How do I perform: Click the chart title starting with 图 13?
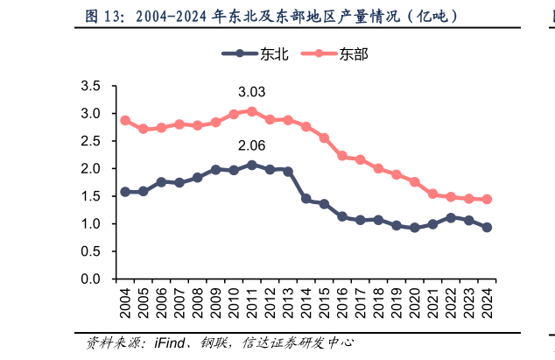pyautogui.click(x=271, y=16)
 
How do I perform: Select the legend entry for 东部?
pyautogui.click(x=334, y=53)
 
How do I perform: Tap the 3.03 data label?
pyautogui.click(x=251, y=92)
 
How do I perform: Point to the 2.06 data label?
pyautogui.click(x=251, y=145)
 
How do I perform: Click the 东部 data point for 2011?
pyautogui.click(x=252, y=111)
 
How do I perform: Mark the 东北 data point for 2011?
pyautogui.click(x=252, y=165)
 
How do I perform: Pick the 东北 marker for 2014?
pyautogui.click(x=306, y=199)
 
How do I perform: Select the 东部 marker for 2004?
pyautogui.click(x=125, y=120)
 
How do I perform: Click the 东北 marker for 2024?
pyautogui.click(x=487, y=227)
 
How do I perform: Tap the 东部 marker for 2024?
pyautogui.click(x=487, y=199)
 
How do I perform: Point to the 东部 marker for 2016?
pyautogui.click(x=342, y=156)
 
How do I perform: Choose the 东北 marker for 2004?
pyautogui.click(x=125, y=191)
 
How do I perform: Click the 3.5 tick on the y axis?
pyautogui.click(x=90, y=86)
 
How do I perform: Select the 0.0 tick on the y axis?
pyautogui.click(x=90, y=279)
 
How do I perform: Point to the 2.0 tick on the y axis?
pyautogui.click(x=90, y=168)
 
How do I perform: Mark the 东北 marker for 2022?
pyautogui.click(x=451, y=217)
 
